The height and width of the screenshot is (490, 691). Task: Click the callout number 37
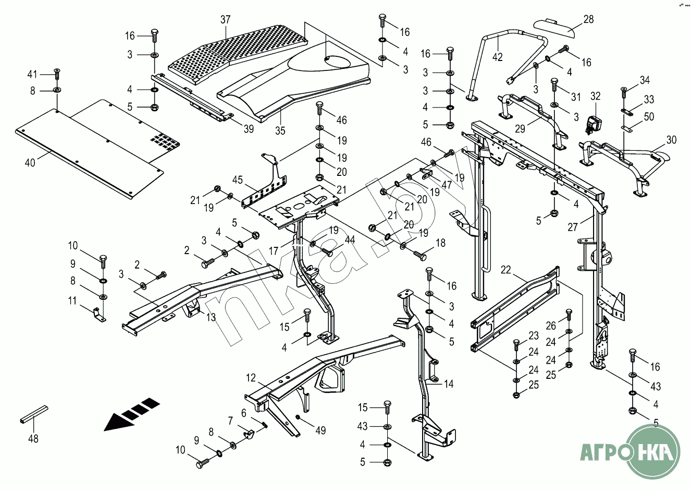[x=225, y=20]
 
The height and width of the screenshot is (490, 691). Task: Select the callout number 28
[x=588, y=20]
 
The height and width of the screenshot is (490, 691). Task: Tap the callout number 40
[x=30, y=163]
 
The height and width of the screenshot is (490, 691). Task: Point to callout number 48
[x=33, y=439]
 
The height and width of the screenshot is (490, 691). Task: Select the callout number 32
[x=595, y=97]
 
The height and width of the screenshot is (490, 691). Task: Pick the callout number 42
[x=498, y=57]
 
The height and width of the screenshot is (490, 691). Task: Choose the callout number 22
[x=505, y=270]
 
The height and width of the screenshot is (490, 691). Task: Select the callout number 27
[x=573, y=227]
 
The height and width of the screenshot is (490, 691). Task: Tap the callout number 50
[x=649, y=116]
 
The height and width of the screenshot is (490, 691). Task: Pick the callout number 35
[x=280, y=130]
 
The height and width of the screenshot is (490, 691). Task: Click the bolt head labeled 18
[x=421, y=256]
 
